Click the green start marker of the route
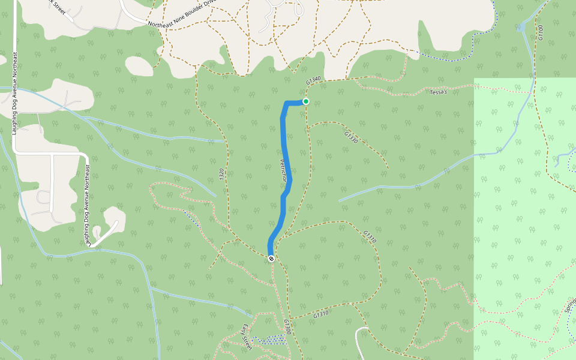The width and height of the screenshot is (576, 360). coord(306,101)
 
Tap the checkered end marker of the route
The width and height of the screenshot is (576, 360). coord(271,259)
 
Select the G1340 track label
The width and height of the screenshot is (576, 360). coord(314,80)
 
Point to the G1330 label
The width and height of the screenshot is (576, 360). coord(351,137)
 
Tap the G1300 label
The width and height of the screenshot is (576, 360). coord(287,327)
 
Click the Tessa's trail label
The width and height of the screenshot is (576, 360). coord(439,92)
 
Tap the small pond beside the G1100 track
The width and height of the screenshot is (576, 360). coord(521,28)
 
